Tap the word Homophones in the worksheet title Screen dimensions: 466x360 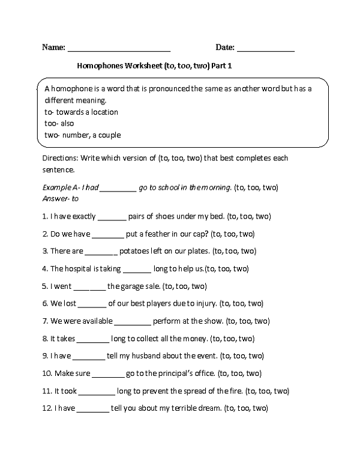pos(99,67)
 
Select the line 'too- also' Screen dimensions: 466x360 pos(59,123)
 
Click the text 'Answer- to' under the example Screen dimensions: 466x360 pos(61,198)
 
